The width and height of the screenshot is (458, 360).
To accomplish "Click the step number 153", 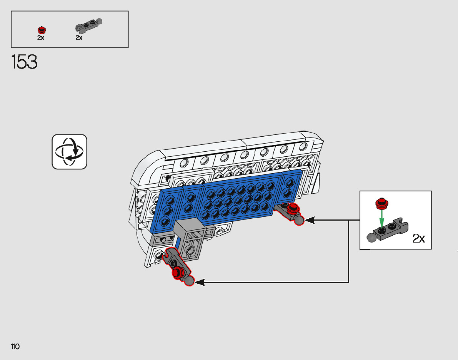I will (x=25, y=62).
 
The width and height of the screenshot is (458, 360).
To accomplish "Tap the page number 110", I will (x=15, y=347).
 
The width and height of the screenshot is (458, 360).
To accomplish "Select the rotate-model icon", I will (x=70, y=151).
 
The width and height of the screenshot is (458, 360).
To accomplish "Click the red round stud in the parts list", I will (x=42, y=30).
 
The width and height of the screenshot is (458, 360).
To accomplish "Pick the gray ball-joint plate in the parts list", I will (x=88, y=26).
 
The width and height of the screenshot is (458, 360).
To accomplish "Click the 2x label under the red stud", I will (x=41, y=38).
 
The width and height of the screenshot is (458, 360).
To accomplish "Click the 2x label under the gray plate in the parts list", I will (x=79, y=38).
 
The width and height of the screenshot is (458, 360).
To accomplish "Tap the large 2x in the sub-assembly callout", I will (x=418, y=239).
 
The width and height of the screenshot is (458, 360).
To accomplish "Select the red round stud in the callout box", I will (x=381, y=203).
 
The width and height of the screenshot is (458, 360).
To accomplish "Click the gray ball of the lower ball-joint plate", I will (x=189, y=281).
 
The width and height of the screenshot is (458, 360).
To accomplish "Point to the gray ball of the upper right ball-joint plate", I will (x=299, y=220).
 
